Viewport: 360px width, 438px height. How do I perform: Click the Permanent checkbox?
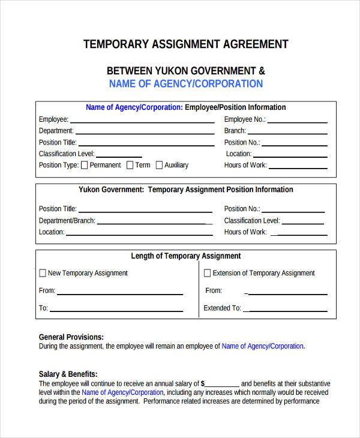[85, 165]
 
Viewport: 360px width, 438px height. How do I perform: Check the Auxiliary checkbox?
[159, 165]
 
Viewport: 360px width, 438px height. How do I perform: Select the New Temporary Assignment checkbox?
[43, 273]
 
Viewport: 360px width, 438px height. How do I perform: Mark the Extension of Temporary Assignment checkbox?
[208, 273]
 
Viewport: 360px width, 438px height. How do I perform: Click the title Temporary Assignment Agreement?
[185, 44]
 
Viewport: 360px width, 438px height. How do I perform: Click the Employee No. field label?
[244, 119]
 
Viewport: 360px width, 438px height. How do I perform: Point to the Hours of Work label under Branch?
[245, 165]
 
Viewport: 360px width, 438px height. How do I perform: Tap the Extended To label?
[222, 308]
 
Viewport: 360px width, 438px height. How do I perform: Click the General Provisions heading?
[71, 337]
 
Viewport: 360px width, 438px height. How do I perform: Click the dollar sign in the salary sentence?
[203, 383]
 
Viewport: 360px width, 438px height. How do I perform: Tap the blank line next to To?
[116, 311]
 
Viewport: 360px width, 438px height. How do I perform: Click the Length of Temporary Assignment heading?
[186, 256]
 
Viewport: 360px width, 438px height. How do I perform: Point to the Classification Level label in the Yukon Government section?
[252, 221]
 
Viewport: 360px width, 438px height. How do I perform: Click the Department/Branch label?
[67, 221]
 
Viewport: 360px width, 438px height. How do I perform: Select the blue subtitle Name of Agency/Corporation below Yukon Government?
[186, 84]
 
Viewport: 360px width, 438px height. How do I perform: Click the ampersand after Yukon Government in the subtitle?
[260, 71]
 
